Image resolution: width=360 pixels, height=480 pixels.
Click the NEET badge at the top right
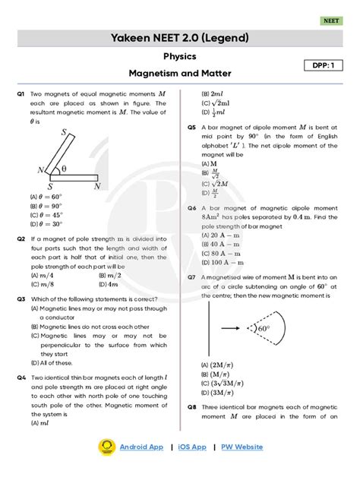point(331,21)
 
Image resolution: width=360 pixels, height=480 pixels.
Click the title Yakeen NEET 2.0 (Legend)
point(180,38)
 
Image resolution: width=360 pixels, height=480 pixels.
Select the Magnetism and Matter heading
point(180,74)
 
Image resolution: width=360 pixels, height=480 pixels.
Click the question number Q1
point(21,93)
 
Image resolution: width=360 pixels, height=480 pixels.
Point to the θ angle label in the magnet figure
point(64,169)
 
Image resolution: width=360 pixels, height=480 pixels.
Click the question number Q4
point(21,377)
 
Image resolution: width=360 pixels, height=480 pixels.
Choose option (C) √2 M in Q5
point(215,184)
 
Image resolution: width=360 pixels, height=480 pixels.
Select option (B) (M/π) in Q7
point(216,374)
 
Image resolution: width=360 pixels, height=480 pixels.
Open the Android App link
point(141,447)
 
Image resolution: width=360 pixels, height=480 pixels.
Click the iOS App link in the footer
point(192,447)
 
